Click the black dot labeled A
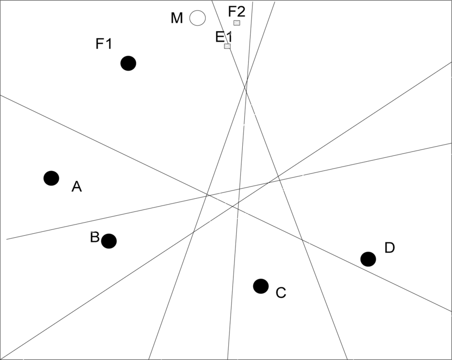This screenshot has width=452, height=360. [x=51, y=178]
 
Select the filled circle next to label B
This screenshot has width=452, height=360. [x=109, y=241]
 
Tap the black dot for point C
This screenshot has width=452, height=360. [x=261, y=286]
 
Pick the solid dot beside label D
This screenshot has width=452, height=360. [x=368, y=259]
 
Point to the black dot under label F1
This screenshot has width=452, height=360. [x=128, y=63]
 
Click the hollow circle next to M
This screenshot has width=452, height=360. [x=197, y=18]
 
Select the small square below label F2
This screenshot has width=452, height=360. [x=237, y=23]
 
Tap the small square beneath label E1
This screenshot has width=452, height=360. [x=227, y=46]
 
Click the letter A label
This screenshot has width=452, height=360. [x=76, y=187]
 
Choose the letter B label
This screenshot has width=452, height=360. [x=94, y=237]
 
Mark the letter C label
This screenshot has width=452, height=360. [x=281, y=292]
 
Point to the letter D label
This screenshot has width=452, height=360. [x=389, y=248]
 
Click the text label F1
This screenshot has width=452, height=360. [x=104, y=44]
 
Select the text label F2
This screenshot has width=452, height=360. [x=237, y=11]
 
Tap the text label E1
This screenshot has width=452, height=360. [x=223, y=37]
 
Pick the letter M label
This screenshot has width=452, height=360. [x=177, y=19]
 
